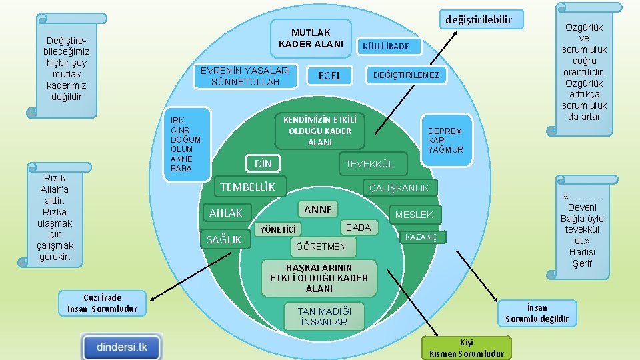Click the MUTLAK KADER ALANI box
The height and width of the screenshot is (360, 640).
pos(311,38)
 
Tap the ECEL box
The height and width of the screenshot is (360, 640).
pos(329,75)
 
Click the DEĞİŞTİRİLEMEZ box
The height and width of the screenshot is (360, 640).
pos(406,75)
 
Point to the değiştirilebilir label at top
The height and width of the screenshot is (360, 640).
pos(479,19)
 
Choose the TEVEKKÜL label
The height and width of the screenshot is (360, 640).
pos(369,164)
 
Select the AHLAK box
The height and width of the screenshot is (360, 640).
pos(226,213)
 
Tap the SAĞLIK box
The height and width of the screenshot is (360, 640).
pos(225,239)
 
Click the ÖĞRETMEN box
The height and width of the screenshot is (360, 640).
pos(321,247)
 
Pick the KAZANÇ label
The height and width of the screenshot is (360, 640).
pos(422,237)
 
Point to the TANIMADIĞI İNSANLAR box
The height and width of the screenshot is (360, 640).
pos(323,317)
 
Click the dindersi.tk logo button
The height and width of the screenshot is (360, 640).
pos(122,347)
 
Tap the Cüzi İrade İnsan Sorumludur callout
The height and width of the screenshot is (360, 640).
pos(102,303)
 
